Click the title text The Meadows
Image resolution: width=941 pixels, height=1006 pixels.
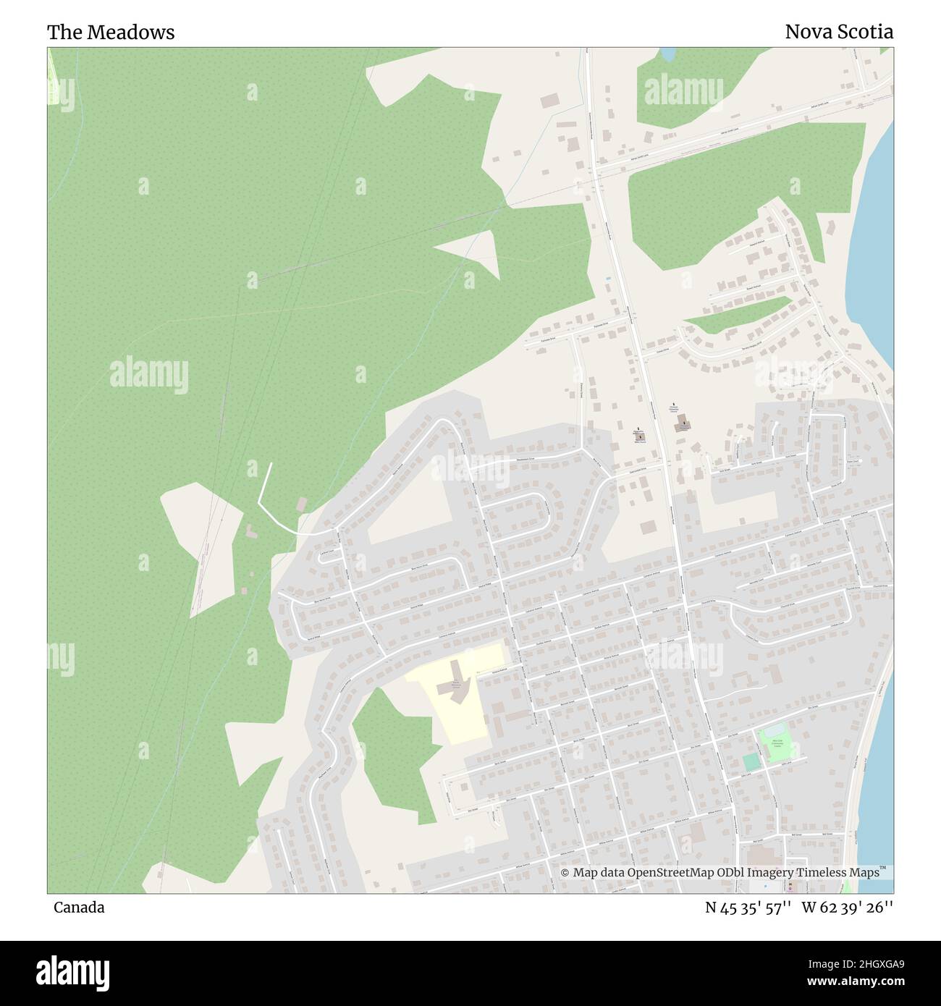(x=111, y=33)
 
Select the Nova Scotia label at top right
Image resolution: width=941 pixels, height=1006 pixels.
(x=839, y=32)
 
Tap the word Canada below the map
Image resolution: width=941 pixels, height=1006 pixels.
(x=79, y=908)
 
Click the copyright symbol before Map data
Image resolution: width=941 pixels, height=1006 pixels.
(x=565, y=873)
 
